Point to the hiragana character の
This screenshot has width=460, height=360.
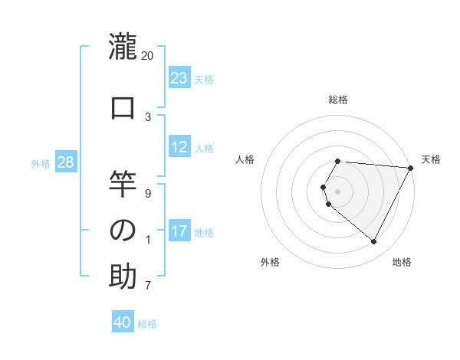[x=123, y=231]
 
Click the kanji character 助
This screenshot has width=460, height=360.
[x=123, y=277]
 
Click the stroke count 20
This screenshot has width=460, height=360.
[x=148, y=55]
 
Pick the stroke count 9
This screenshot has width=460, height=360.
[x=148, y=193]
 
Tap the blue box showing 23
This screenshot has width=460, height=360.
[x=179, y=78]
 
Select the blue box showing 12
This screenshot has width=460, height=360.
[x=179, y=147]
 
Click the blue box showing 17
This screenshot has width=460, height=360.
[x=179, y=231]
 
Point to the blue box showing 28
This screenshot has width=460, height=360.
[x=66, y=162]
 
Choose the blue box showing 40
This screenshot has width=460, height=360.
[x=123, y=323]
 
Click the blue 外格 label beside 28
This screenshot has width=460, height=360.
[x=41, y=163]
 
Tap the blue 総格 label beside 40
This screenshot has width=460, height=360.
[x=147, y=324]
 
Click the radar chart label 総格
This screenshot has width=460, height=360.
[x=338, y=100]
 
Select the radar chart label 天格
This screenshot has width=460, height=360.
[x=431, y=159]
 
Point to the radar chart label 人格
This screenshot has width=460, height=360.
[x=245, y=159]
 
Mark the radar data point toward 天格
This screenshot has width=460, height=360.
[x=410, y=168]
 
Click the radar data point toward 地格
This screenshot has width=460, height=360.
[x=374, y=241]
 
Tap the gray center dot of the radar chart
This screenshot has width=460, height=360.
[x=338, y=191]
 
